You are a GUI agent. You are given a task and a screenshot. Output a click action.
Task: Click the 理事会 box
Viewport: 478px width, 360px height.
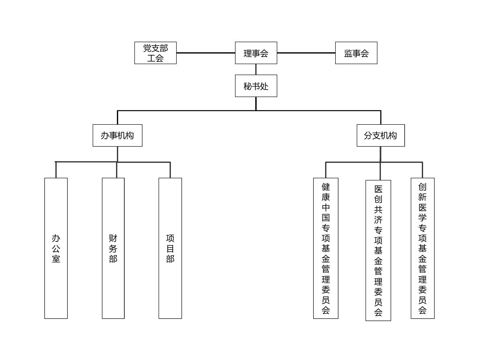[256, 53]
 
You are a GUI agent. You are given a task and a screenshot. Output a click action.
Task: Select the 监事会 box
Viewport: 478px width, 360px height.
[356, 53]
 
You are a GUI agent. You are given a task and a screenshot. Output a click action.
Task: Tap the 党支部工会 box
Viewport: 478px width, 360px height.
[155, 53]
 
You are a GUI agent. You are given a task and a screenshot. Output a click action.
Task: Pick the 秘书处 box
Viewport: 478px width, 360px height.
[256, 86]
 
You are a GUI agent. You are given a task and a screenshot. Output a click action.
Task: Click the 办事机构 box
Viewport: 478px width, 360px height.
[117, 135]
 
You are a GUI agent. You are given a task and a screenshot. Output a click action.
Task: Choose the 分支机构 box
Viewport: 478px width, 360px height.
[380, 135]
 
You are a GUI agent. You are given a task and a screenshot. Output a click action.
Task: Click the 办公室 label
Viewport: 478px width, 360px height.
[56, 248]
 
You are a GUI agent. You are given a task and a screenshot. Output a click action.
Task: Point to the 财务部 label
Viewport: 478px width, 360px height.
[113, 248]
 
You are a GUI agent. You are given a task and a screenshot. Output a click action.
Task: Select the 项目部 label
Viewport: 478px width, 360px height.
[170, 248]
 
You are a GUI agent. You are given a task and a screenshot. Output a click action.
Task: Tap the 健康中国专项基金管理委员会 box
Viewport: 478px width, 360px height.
[326, 248]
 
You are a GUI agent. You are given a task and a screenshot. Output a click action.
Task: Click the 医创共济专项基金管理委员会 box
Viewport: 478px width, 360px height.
[378, 250]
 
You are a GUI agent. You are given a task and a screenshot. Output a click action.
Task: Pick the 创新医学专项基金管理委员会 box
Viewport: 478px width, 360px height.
[422, 248]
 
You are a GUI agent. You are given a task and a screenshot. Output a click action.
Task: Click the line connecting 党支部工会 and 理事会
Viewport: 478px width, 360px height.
[206, 53]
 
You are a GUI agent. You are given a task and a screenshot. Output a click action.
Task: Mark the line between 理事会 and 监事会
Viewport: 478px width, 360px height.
[306, 53]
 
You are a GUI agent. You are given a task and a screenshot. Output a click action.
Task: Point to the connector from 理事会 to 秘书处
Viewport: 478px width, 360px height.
[256, 69]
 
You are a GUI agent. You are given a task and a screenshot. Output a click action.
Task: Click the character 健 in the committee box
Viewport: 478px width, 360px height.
[326, 187]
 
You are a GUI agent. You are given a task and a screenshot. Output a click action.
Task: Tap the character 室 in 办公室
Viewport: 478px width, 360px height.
[56, 259]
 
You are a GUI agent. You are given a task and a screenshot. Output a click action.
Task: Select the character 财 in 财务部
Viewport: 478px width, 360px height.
[113, 238]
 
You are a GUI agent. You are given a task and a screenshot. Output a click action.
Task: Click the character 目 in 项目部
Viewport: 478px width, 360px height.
[170, 248]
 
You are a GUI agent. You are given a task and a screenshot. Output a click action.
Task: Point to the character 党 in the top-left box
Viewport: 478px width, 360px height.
[147, 48]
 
